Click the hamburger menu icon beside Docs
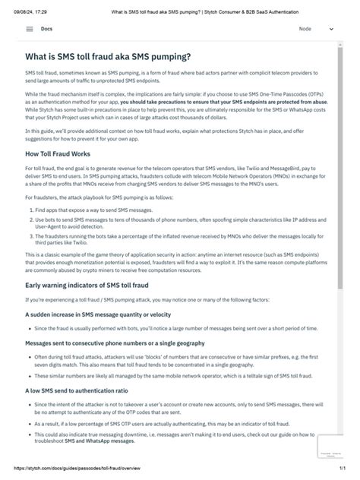(x=30, y=29)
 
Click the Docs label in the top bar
(x=47, y=29)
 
